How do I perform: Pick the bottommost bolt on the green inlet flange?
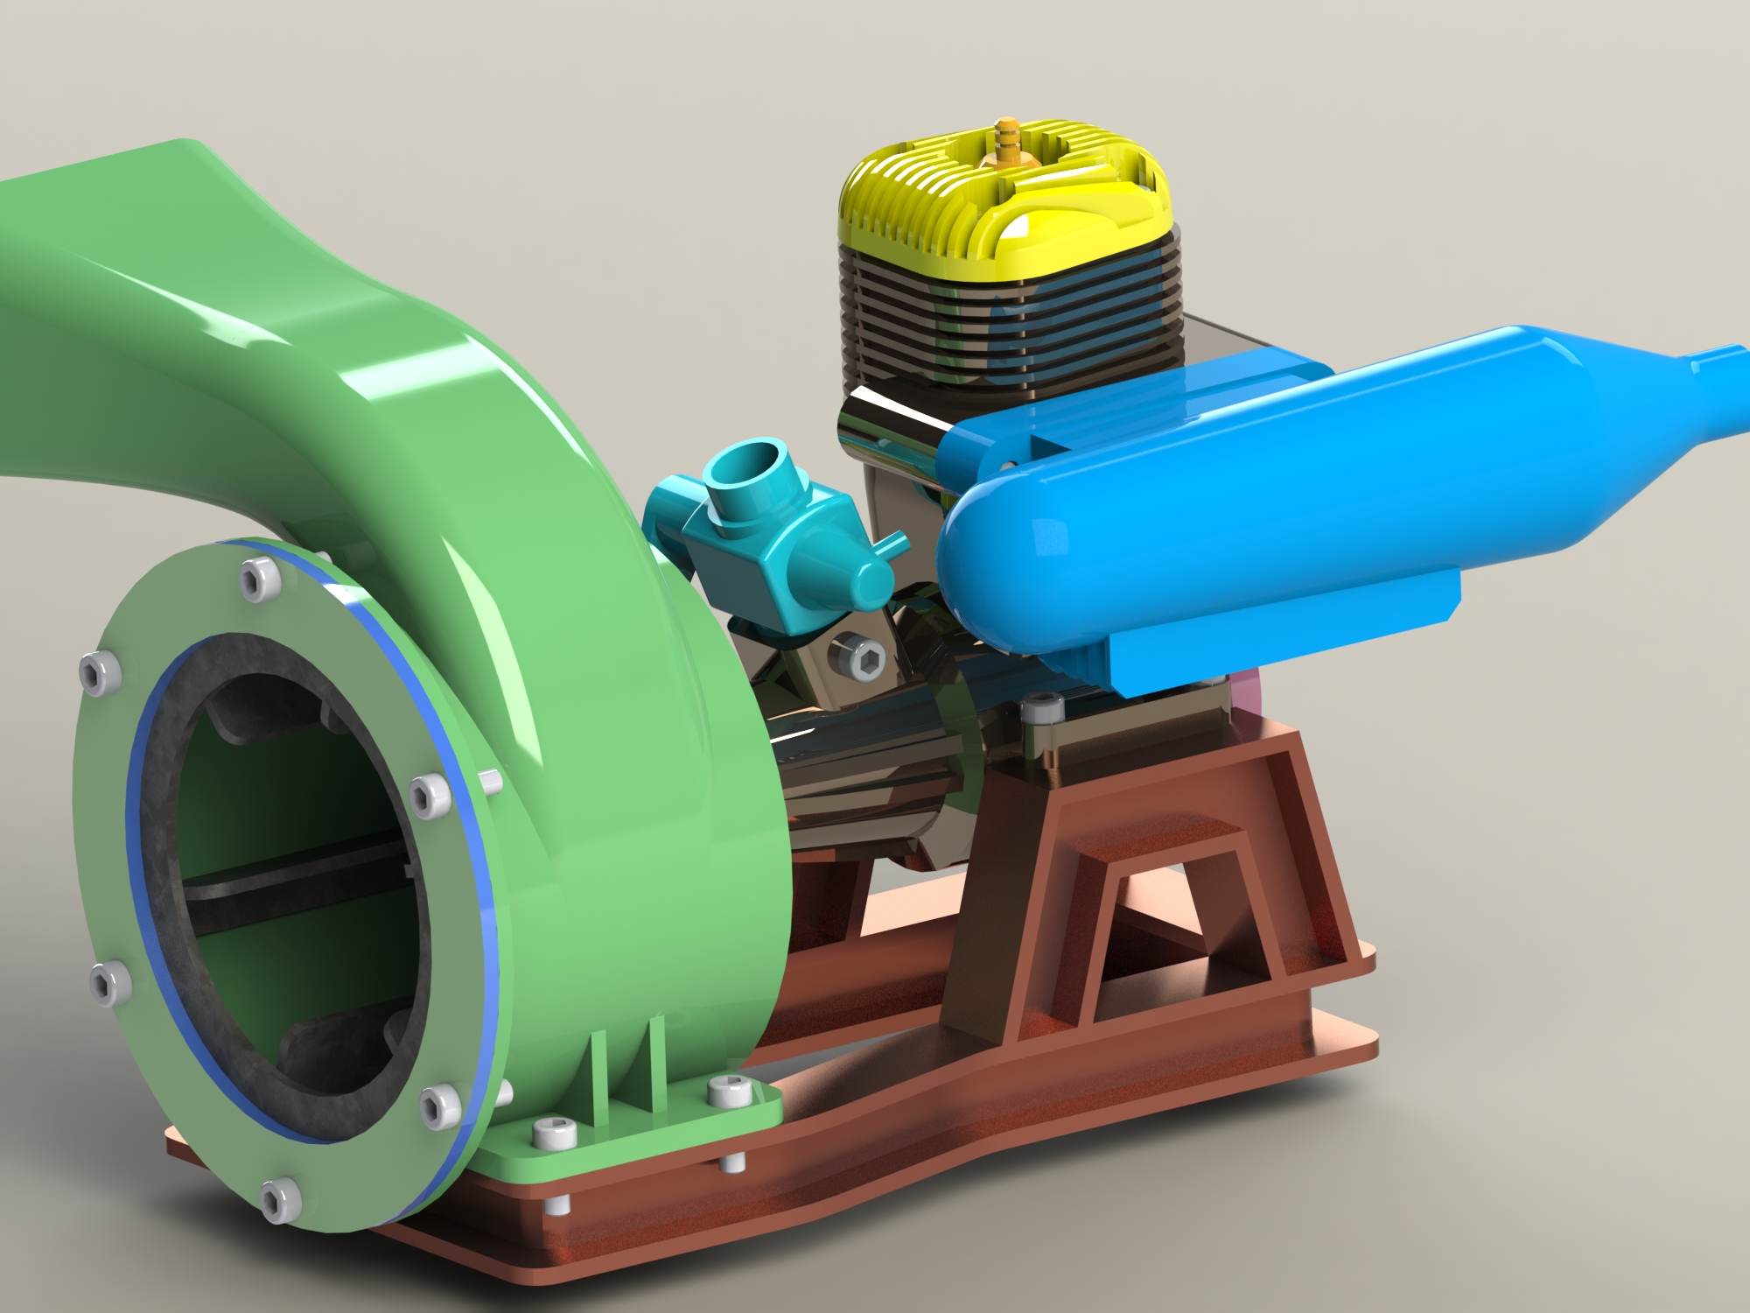click(x=279, y=1198)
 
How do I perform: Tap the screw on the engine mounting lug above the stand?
click(x=1042, y=707)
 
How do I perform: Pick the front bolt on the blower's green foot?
click(x=554, y=1134)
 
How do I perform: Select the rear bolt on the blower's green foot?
click(x=728, y=1091)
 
